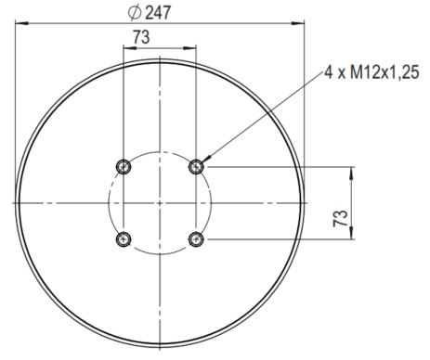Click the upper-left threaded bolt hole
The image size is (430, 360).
click(x=124, y=167)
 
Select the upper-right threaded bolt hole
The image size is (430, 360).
click(x=196, y=167)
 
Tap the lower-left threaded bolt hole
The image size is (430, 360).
click(x=124, y=239)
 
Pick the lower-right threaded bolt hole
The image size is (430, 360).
click(x=196, y=239)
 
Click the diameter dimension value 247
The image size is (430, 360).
click(x=158, y=13)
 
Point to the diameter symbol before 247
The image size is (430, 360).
click(x=135, y=13)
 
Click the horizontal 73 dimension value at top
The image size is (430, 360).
click(x=141, y=37)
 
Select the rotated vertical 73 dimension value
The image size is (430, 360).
click(x=340, y=218)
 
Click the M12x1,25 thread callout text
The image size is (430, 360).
click(x=384, y=72)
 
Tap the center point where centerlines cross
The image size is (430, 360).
click(x=160, y=203)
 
